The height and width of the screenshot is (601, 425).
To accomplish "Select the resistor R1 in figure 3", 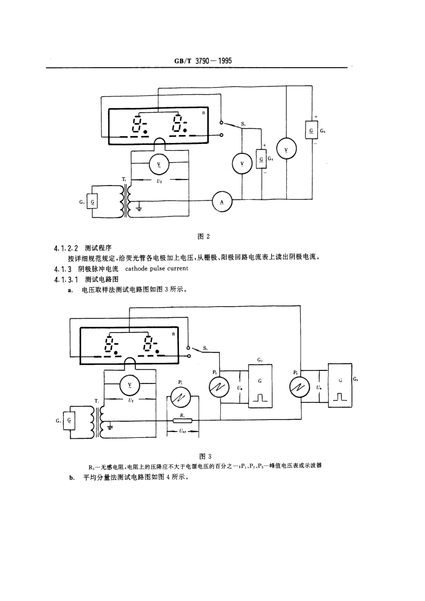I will tap(183, 420).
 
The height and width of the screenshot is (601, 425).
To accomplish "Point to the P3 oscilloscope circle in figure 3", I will tap(300, 387).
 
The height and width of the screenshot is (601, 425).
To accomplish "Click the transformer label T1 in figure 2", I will tap(123, 179).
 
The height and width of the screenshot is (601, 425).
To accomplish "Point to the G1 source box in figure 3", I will tap(70, 420).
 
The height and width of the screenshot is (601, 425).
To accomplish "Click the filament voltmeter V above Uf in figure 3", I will tap(130, 385).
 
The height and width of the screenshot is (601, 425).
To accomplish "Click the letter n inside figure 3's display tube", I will tap(173, 333).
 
